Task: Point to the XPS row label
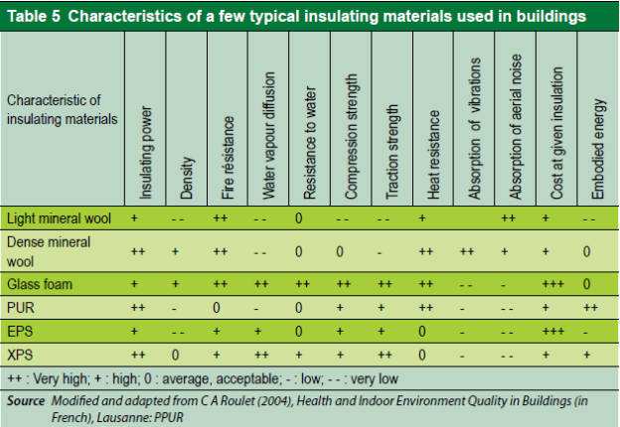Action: (20, 353)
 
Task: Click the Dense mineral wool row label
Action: (49, 249)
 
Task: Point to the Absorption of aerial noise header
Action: (516, 124)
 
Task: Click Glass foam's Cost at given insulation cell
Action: (552, 284)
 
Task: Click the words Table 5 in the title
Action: (32, 17)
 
